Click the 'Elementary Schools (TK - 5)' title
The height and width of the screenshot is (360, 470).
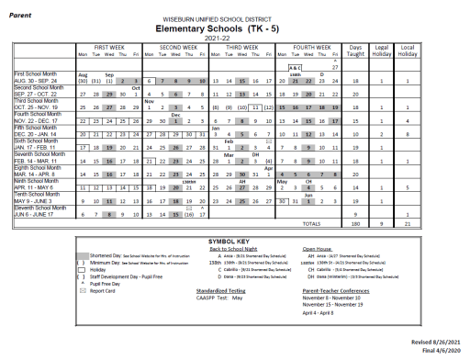234,28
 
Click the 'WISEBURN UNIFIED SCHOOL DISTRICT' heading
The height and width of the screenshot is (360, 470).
234,17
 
